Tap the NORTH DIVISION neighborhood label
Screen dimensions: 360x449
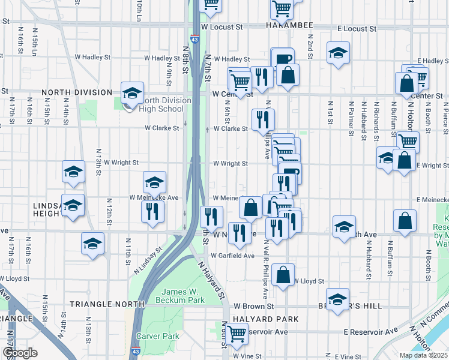[77, 92]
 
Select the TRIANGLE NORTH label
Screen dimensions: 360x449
[107, 304]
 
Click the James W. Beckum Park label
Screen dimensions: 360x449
[179, 295]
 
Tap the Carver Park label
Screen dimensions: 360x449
[157, 336]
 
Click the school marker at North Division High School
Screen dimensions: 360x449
[132, 94]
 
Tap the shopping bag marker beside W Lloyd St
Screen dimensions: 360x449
[283, 275]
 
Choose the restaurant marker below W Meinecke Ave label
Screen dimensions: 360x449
[152, 211]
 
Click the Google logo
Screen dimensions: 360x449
[20, 353]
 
